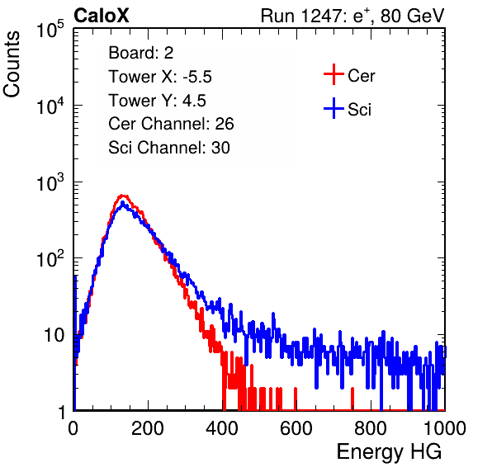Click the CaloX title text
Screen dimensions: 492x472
click(102, 16)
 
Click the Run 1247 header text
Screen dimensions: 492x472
click(352, 16)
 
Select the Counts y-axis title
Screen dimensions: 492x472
click(12, 64)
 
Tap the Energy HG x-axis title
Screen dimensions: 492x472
click(389, 452)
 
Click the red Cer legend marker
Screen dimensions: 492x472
click(334, 74)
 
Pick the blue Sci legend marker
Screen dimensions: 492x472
click(334, 109)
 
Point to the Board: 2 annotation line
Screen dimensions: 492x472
click(141, 53)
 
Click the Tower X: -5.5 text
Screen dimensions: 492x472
click(160, 77)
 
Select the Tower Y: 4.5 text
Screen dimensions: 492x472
click(157, 101)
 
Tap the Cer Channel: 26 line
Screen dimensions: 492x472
click(171, 124)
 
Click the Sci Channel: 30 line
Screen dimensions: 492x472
click(169, 148)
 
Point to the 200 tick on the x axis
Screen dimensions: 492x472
click(148, 428)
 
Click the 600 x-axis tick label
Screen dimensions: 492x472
click(296, 428)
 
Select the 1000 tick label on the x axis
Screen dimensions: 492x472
click(445, 428)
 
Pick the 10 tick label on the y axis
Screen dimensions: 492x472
click(54, 336)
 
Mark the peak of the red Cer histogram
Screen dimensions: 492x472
click(123, 196)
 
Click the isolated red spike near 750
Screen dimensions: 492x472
click(352, 399)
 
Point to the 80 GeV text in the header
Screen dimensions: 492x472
click(412, 16)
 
